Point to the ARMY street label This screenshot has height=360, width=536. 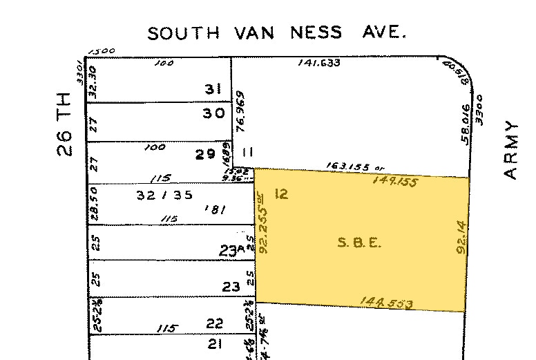point(511,151)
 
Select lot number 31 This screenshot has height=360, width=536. point(212,89)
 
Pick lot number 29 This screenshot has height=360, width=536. point(205,155)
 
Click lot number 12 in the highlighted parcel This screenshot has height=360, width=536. point(280,194)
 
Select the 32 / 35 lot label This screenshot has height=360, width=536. point(155,195)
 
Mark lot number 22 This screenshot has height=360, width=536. point(215,323)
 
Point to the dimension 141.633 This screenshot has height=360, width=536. point(319,63)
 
